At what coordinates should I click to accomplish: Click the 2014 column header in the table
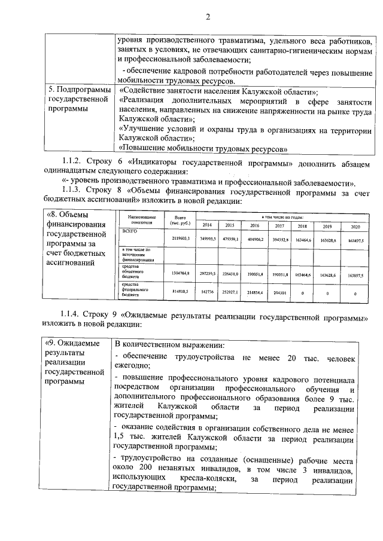(206, 225)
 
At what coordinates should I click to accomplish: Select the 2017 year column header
(279, 225)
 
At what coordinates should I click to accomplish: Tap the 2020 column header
(355, 226)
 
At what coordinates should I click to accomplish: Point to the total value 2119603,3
(180, 239)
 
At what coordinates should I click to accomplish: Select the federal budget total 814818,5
(180, 292)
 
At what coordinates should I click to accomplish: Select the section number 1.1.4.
(74, 315)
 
